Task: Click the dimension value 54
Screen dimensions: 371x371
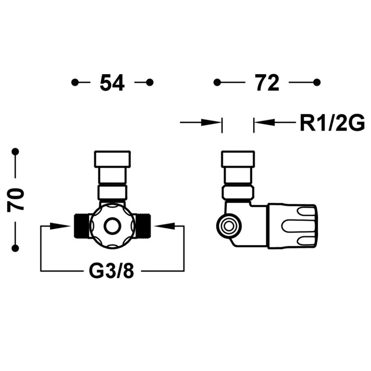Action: click(112, 83)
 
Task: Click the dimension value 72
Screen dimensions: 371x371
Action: click(267, 83)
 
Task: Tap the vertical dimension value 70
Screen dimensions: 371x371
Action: click(15, 199)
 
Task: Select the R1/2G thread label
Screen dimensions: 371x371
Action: click(331, 122)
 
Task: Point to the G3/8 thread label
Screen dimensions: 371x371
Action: click(112, 271)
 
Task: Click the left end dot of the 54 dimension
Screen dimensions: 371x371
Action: click(75, 82)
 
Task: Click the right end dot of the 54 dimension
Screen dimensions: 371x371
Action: click(150, 82)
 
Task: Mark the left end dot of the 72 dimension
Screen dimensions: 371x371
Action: click(217, 82)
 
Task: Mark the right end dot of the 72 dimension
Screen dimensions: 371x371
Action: click(317, 82)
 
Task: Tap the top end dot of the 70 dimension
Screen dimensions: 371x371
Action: click(15, 151)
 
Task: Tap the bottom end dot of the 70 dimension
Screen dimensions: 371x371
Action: click(15, 248)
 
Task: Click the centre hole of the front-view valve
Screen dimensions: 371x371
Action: click(112, 226)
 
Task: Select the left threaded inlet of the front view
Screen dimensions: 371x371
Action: click(81, 226)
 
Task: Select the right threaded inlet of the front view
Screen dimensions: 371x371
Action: click(143, 226)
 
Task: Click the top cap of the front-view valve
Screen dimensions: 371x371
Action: click(112, 159)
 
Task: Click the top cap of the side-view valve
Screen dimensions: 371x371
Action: click(238, 159)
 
